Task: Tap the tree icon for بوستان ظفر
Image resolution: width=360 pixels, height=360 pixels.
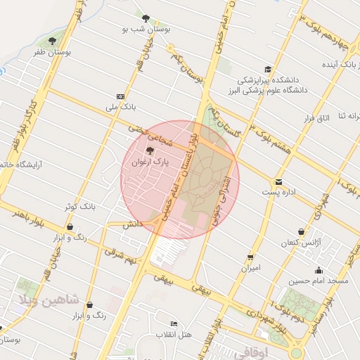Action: pos(52,41)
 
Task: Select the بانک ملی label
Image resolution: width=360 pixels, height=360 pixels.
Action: pos(119,108)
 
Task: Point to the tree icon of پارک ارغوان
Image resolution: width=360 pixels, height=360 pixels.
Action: pos(149,150)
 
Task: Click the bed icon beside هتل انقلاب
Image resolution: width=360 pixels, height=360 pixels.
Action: pos(174,323)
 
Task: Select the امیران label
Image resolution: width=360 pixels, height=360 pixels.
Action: pos(251,268)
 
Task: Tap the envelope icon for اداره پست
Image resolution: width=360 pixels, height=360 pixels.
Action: pos(279,182)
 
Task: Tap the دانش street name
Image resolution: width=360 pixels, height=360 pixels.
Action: pos(132,224)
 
